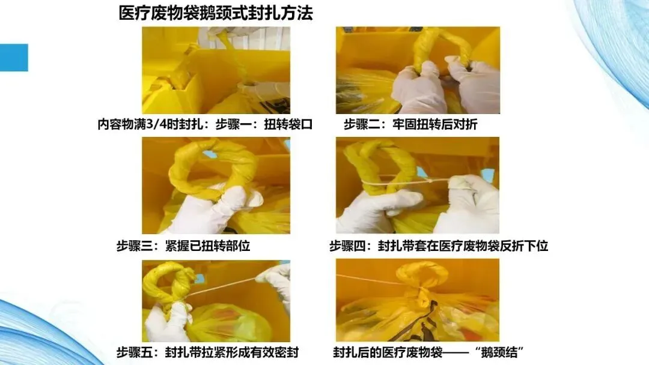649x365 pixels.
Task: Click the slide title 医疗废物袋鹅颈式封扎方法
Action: (x=216, y=13)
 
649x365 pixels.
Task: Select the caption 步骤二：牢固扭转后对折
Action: (x=410, y=124)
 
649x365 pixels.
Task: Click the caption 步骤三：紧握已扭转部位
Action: (x=183, y=246)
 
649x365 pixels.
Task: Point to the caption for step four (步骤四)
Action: (x=439, y=246)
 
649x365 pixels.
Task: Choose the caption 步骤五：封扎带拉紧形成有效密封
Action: (x=207, y=352)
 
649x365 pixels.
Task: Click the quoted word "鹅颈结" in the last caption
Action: (x=499, y=352)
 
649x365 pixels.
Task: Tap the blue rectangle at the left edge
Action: (x=14, y=58)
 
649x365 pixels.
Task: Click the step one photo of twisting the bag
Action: (x=216, y=70)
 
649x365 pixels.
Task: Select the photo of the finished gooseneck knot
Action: (x=418, y=300)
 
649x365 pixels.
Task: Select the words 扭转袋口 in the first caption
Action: (x=288, y=124)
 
